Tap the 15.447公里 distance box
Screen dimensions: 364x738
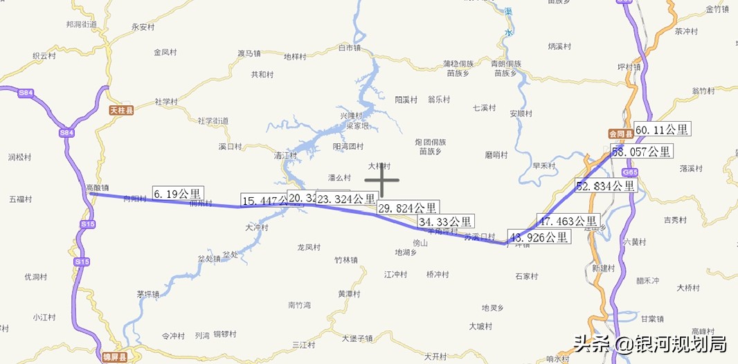[264, 200]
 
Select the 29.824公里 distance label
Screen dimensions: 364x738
[407, 208]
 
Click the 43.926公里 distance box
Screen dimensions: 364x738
[539, 237]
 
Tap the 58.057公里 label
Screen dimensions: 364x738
[642, 152]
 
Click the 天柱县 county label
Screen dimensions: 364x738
[121, 109]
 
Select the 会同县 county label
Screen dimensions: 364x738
[622, 134]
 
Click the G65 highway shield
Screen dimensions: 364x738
[629, 172]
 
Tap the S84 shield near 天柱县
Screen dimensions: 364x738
[66, 132]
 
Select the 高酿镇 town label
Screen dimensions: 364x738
[97, 188]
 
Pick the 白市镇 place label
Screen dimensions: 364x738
[350, 48]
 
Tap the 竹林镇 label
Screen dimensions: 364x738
[345, 260]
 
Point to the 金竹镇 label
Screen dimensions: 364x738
[717, 9]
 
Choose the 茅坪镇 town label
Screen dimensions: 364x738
[148, 293]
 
